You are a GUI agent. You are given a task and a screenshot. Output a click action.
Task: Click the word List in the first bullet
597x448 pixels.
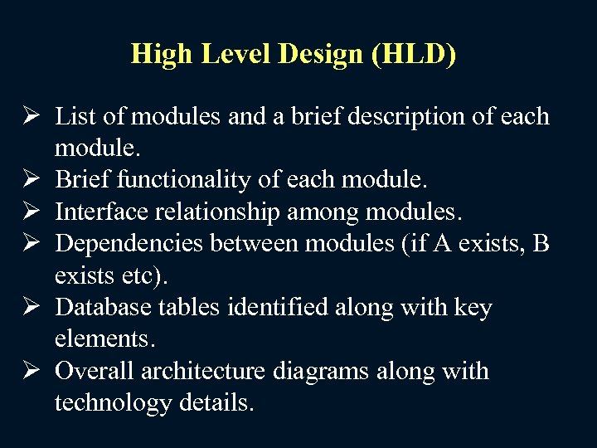pyautogui.click(x=75, y=116)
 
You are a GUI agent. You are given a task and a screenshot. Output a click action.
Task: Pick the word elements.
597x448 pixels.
pyautogui.click(x=104, y=339)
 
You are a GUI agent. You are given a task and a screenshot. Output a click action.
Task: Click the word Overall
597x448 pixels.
pyautogui.click(x=95, y=371)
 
